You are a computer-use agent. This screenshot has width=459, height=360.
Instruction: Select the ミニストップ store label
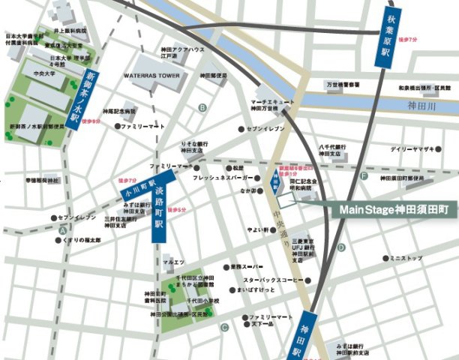point(406,258)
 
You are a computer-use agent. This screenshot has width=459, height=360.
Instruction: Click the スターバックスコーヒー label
point(273,280)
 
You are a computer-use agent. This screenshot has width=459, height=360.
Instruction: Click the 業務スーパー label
point(246,267)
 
